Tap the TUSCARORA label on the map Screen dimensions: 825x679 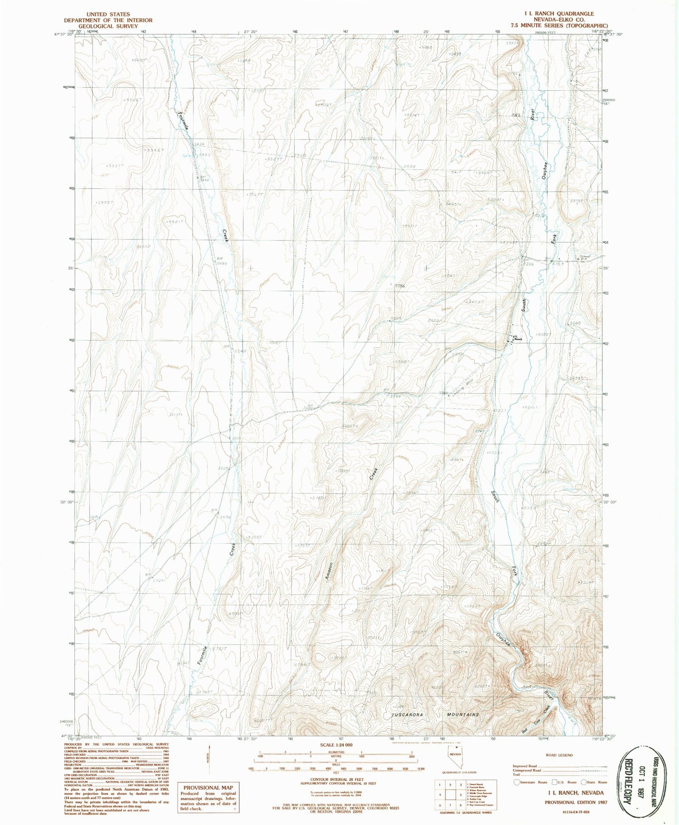(x=406, y=715)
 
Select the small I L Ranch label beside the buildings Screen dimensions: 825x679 (x=517, y=338)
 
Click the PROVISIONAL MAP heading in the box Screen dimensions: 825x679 (x=208, y=788)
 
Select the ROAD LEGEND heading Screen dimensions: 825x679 (x=559, y=756)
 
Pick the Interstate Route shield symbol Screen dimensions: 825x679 (x=517, y=782)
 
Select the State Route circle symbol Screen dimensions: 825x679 (x=584, y=782)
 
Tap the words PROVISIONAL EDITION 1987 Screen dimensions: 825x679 (x=576, y=802)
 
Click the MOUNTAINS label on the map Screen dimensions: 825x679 (x=463, y=715)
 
